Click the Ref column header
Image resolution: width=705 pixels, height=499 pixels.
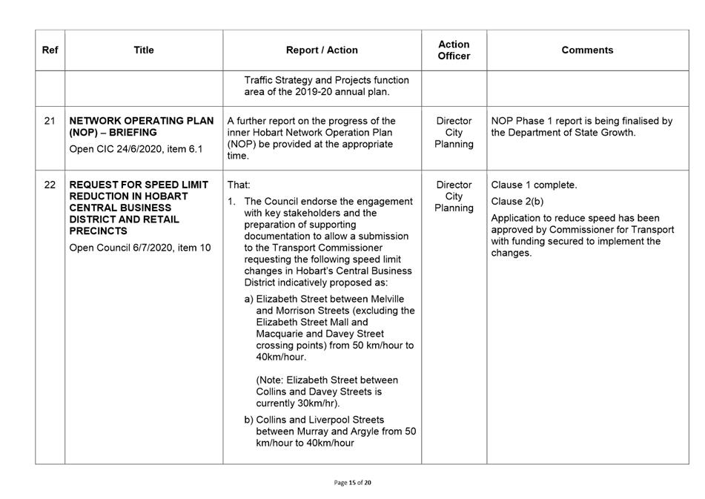pyautogui.click(x=50, y=50)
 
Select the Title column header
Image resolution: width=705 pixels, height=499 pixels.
pyautogui.click(x=144, y=50)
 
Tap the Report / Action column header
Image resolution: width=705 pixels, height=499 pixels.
pyautogui.click(x=322, y=50)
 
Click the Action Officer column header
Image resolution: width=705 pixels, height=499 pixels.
pyautogui.click(x=454, y=50)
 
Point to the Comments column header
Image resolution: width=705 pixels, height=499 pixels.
pyautogui.click(x=587, y=50)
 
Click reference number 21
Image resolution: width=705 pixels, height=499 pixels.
pyautogui.click(x=50, y=121)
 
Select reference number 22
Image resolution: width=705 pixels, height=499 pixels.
pyautogui.click(x=50, y=185)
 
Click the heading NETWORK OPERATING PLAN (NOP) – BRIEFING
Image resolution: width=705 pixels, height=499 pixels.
pyautogui.click(x=141, y=127)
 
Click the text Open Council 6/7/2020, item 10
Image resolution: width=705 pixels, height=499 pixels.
pyautogui.click(x=139, y=248)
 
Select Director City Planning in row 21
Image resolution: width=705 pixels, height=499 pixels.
pyautogui.click(x=454, y=133)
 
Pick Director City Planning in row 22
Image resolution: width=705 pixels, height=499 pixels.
pyautogui.click(x=454, y=196)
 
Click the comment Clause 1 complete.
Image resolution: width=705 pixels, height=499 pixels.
pyautogui.click(x=534, y=185)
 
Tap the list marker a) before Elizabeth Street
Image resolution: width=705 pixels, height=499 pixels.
pyautogui.click(x=249, y=299)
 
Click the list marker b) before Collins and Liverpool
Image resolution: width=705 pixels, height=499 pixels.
pyautogui.click(x=249, y=420)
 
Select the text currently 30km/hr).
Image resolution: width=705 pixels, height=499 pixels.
pyautogui.click(x=297, y=403)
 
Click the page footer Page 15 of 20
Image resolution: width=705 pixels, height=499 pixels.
pyautogui.click(x=353, y=483)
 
